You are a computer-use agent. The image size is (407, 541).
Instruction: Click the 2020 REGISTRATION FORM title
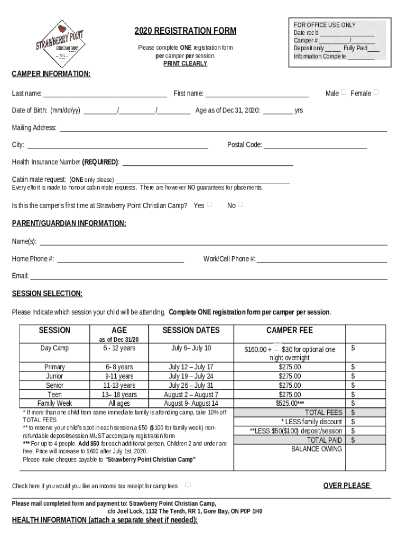(185, 31)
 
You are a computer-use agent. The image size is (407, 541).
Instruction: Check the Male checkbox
(344, 92)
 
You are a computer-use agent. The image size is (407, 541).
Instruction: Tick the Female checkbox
(376, 92)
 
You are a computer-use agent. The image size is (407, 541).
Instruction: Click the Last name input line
(105, 94)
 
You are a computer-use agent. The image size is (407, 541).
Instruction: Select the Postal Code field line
(315, 145)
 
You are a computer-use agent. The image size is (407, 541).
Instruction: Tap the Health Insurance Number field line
(208, 162)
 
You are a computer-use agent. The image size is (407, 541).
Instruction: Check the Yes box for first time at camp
(210, 204)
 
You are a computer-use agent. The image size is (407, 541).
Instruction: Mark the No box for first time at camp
(240, 204)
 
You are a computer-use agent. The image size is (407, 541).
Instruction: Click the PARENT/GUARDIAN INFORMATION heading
(69, 223)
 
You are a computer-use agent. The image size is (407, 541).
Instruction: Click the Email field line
(209, 276)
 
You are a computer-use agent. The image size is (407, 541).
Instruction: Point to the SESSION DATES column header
(191, 330)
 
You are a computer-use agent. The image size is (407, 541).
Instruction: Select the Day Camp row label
(54, 348)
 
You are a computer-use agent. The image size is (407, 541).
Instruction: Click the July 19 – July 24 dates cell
(191, 376)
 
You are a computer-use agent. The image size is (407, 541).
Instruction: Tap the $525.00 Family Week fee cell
(290, 403)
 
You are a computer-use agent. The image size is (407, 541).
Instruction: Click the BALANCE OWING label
(317, 449)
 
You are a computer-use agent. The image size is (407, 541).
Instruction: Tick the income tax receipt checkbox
(188, 484)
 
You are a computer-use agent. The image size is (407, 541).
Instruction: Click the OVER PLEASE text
(347, 486)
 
